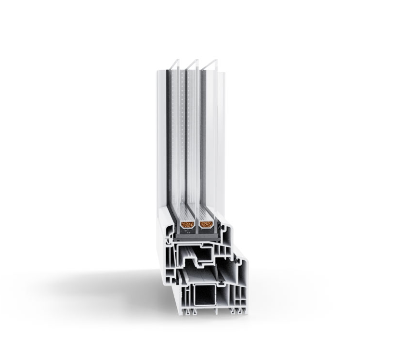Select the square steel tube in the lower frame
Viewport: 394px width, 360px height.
tap(204, 295)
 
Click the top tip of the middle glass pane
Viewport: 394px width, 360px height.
tap(197, 60)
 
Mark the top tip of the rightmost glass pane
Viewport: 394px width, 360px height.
tap(215, 60)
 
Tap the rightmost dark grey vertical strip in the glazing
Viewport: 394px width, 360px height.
tap(204, 144)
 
